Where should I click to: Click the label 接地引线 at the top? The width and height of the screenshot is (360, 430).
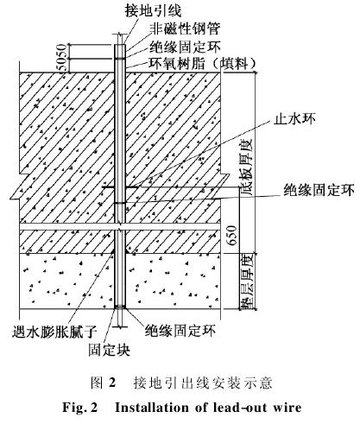(153, 11)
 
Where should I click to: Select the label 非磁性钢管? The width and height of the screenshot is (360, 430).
(185, 28)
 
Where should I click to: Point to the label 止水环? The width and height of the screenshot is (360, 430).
(294, 117)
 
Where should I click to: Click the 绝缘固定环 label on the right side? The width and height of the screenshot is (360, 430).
(319, 190)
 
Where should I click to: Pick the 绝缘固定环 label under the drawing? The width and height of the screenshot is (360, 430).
(180, 331)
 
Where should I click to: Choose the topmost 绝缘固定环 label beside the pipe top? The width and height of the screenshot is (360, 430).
(185, 47)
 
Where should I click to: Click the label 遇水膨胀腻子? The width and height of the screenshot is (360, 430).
(54, 332)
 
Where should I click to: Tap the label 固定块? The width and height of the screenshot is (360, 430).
(109, 350)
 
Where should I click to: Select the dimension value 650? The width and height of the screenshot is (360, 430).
(232, 236)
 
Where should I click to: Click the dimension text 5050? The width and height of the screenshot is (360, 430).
(63, 58)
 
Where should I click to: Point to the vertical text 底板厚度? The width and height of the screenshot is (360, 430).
(247, 168)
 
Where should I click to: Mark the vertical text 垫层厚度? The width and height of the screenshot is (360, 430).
(247, 281)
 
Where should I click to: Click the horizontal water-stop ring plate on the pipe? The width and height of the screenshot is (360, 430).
(120, 187)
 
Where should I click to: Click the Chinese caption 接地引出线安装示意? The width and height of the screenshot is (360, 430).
(203, 383)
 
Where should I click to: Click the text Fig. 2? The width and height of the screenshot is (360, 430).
(80, 408)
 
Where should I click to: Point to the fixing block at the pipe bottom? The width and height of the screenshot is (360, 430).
(120, 307)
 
